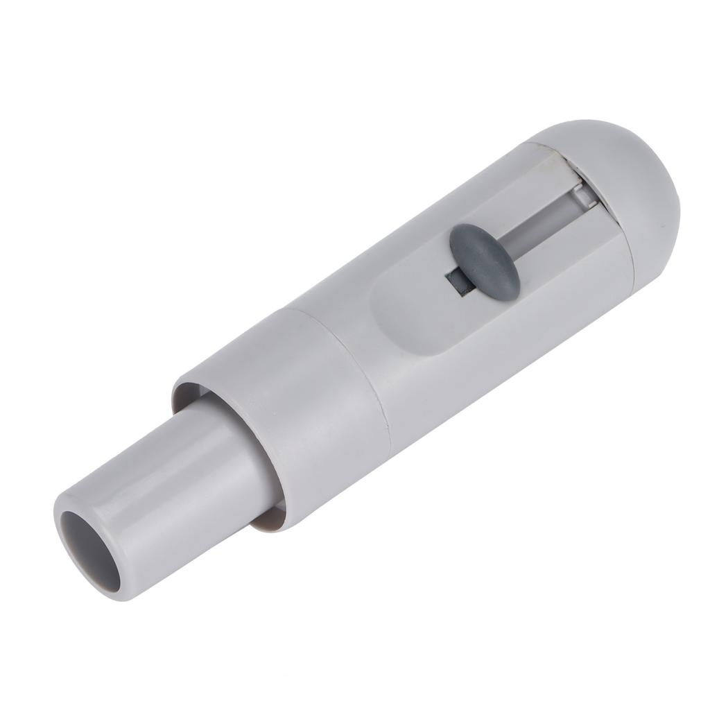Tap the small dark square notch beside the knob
click(x=456, y=280)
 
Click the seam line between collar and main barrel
click(x=361, y=374)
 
